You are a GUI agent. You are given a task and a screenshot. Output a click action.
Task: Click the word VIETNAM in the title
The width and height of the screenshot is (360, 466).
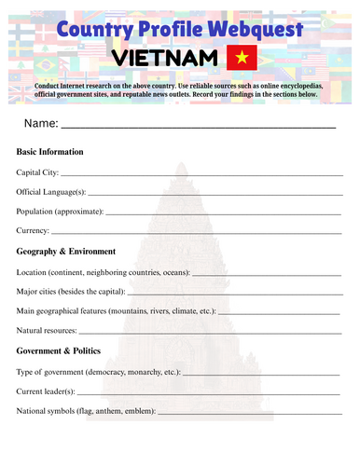[x=164, y=59]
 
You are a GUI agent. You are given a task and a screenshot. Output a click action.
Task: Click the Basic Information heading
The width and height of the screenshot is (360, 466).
[x=50, y=151]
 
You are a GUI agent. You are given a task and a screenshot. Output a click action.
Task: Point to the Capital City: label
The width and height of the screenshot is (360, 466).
[x=38, y=172]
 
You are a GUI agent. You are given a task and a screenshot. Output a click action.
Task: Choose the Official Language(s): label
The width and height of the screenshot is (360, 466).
[x=52, y=192]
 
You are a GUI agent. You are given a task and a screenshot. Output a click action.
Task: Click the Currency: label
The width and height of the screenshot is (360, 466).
[x=33, y=230]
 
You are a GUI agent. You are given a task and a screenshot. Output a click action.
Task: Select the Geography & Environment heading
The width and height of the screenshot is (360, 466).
[x=66, y=252]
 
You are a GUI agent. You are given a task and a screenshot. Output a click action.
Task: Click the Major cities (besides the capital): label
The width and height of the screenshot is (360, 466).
[x=76, y=292]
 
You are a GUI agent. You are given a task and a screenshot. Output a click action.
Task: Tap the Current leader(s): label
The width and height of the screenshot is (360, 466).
[x=46, y=391]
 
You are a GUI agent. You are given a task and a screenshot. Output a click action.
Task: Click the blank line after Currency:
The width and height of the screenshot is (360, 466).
[x=196, y=233]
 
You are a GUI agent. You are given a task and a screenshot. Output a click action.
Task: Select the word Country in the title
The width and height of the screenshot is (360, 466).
[x=94, y=29]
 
